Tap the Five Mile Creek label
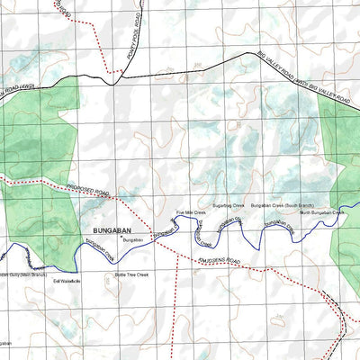[x=191, y=213]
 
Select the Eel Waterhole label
[x=67, y=283]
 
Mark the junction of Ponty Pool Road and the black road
[x=112, y=78]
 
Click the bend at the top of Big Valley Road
[x=243, y=56]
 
